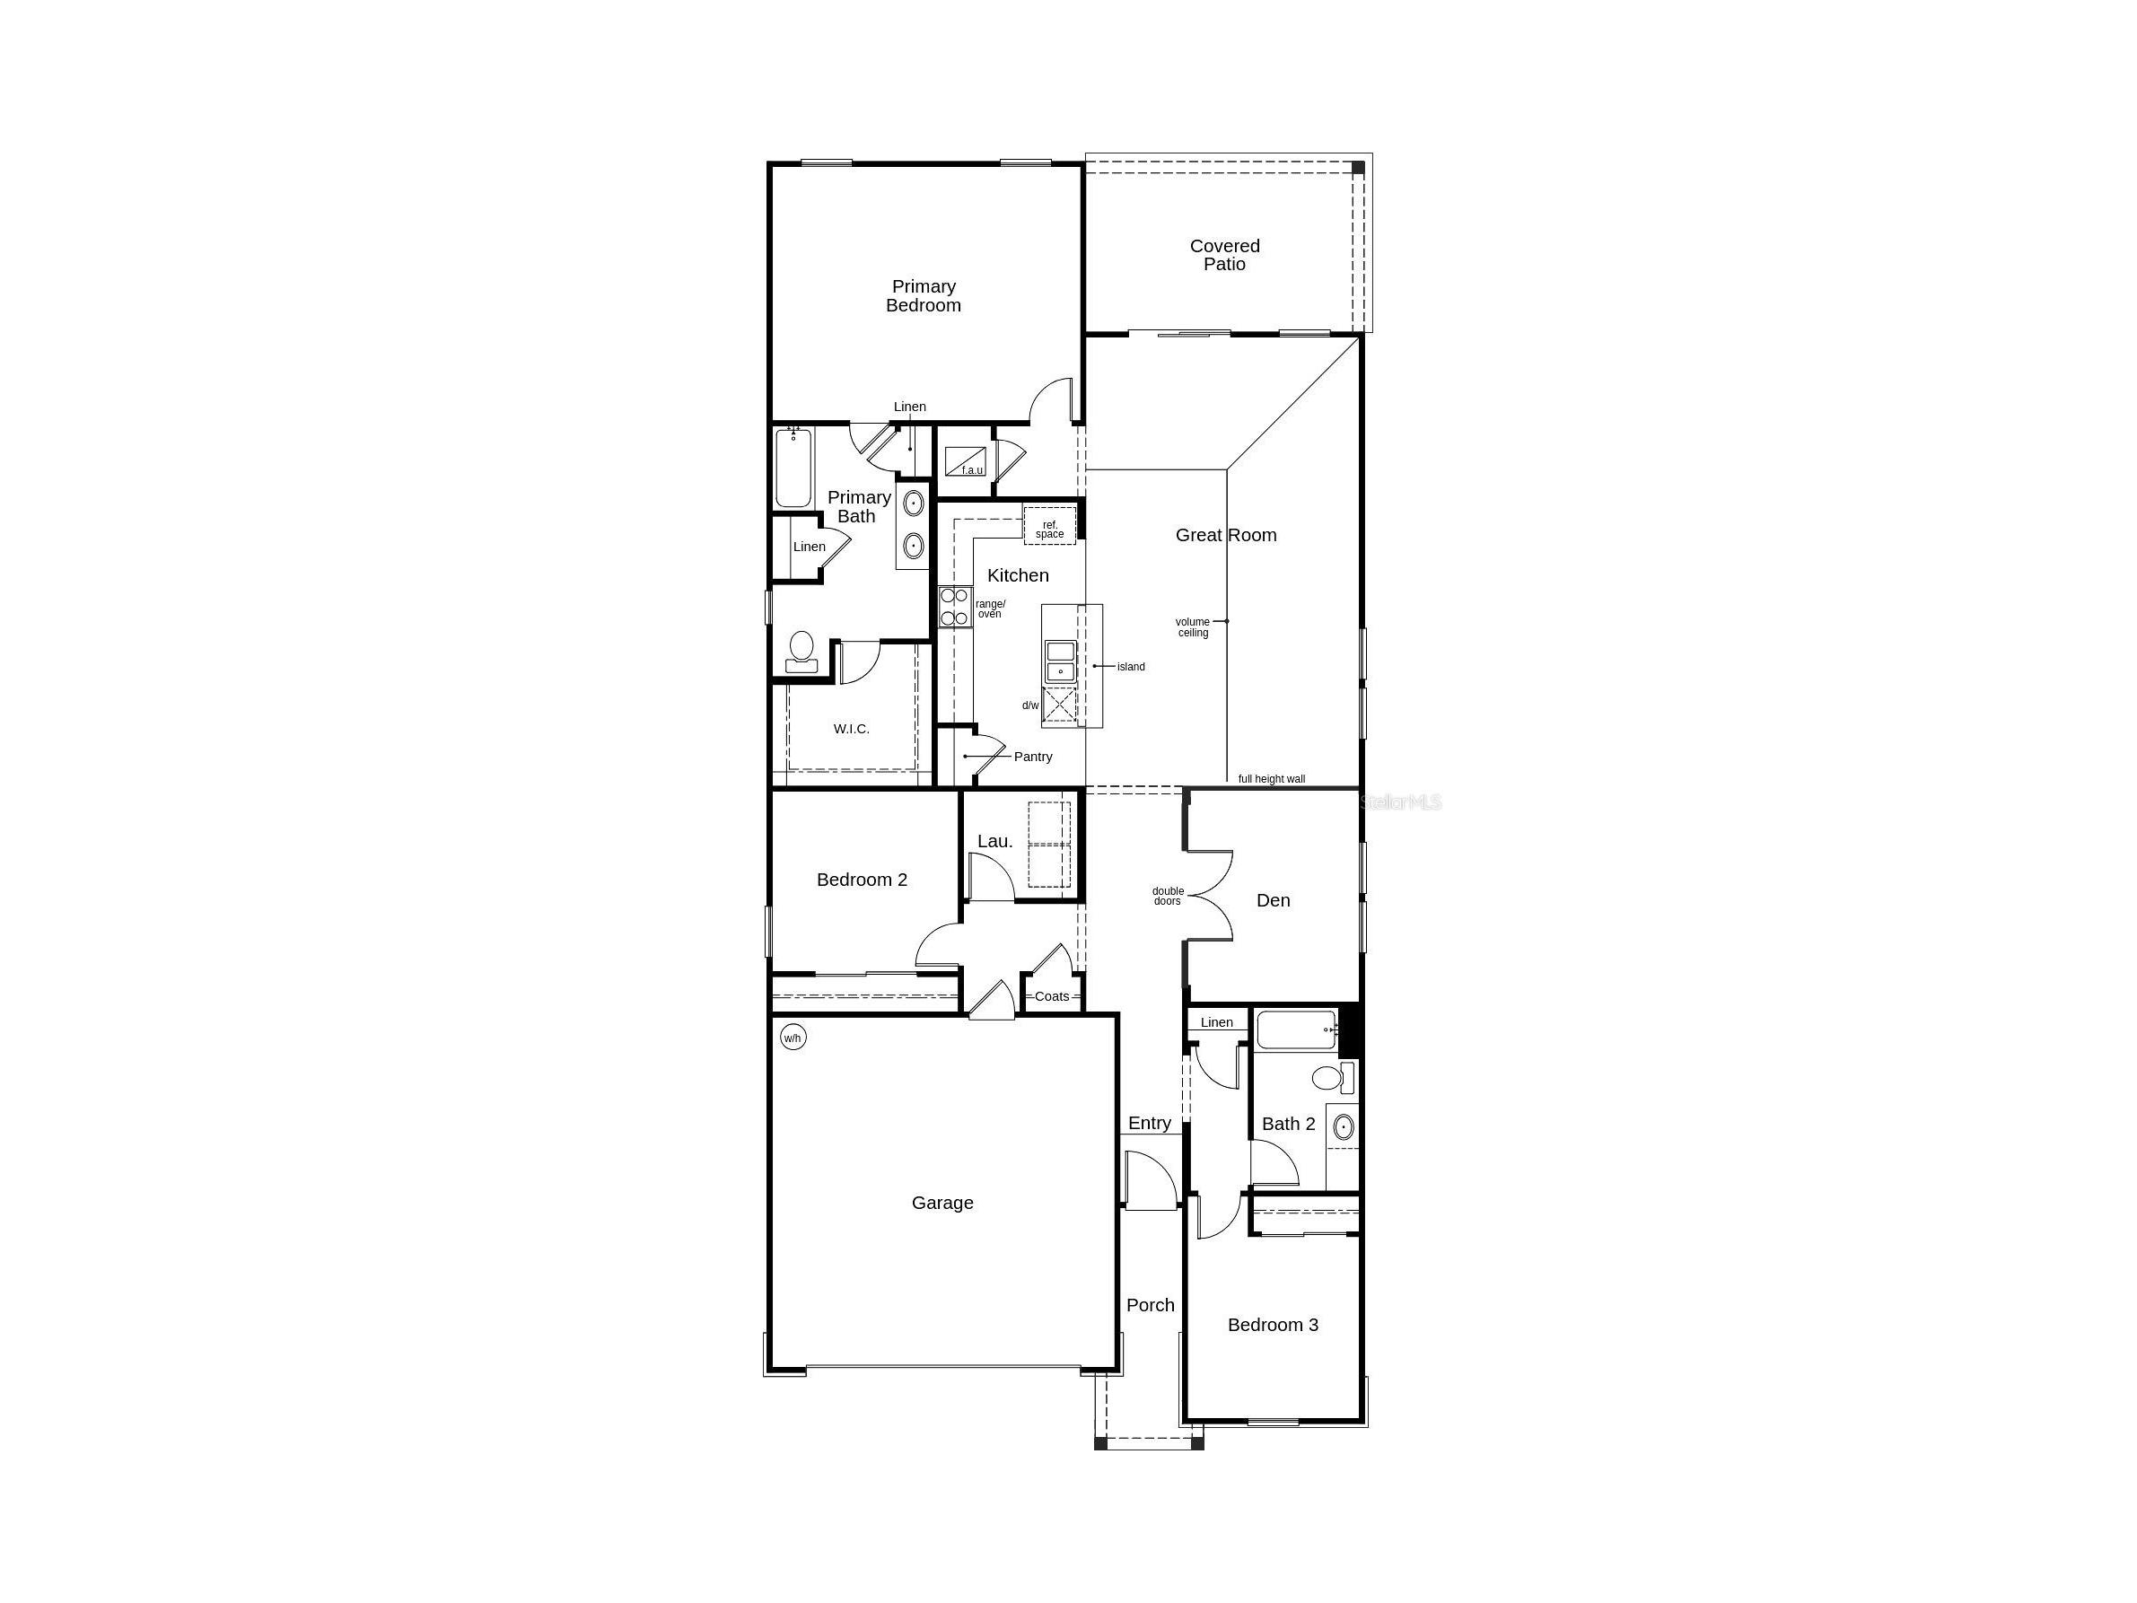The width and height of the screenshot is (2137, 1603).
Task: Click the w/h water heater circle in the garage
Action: (x=793, y=1038)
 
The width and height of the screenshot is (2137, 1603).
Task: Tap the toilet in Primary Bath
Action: (x=801, y=651)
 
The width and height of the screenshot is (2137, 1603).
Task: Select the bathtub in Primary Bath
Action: (x=793, y=468)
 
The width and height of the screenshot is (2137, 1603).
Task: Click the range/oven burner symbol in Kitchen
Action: (x=954, y=607)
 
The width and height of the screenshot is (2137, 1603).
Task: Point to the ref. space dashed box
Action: (x=1049, y=526)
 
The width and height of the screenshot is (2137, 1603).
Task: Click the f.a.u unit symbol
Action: (x=964, y=461)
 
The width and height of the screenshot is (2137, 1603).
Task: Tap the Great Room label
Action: (x=1225, y=535)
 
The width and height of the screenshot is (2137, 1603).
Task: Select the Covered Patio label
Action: (x=1224, y=255)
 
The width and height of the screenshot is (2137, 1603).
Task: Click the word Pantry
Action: (x=1033, y=757)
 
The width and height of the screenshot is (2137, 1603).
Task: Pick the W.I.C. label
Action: (x=851, y=730)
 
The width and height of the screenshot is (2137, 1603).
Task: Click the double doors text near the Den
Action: (x=1167, y=896)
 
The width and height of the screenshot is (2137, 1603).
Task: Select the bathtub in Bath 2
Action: (x=1297, y=1030)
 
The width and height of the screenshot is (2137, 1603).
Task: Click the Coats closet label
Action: (x=1052, y=996)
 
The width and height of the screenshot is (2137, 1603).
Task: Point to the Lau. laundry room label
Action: (x=994, y=842)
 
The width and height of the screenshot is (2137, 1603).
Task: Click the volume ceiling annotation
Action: (x=1192, y=627)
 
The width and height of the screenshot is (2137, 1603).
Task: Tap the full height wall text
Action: (x=1272, y=779)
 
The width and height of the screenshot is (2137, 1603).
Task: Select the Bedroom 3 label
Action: (x=1273, y=1325)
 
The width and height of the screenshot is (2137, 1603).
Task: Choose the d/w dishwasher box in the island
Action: (x=1060, y=705)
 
